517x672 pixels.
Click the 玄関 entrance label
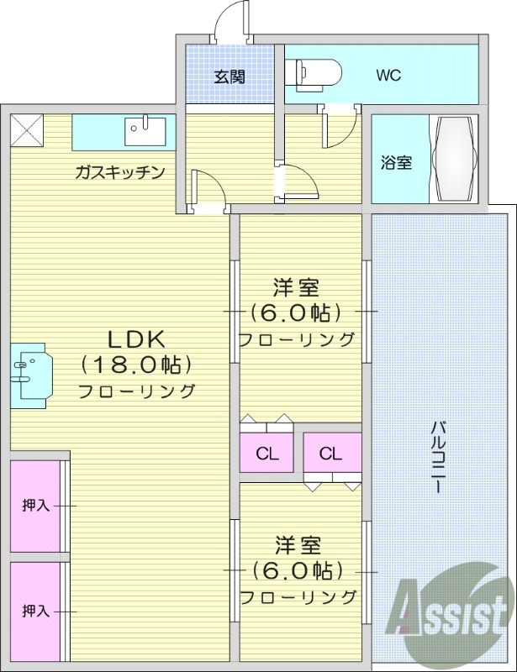229,77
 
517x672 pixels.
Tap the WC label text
388,76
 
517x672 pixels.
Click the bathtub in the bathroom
454,158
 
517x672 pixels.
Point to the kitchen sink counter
124,132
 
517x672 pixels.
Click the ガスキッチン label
119,173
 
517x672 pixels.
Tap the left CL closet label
267,454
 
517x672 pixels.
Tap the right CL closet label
330,454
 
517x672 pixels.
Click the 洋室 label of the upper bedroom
296,288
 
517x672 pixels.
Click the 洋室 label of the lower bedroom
296,544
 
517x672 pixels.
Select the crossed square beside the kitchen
25,131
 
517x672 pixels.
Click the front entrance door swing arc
229,20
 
